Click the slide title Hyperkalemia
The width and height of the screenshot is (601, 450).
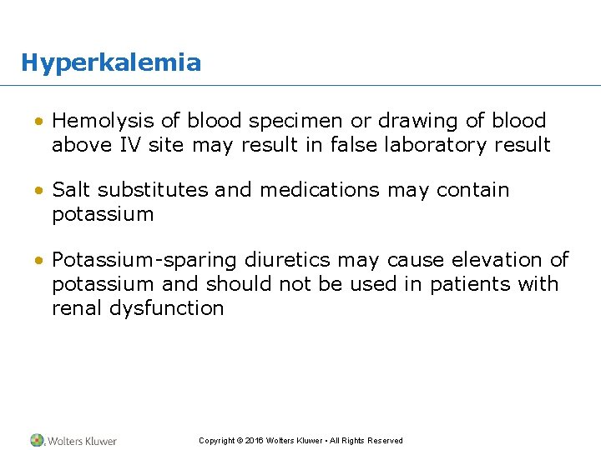tap(111, 62)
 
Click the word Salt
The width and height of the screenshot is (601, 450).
tap(71, 190)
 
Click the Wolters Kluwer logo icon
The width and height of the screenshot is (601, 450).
tap(37, 440)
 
